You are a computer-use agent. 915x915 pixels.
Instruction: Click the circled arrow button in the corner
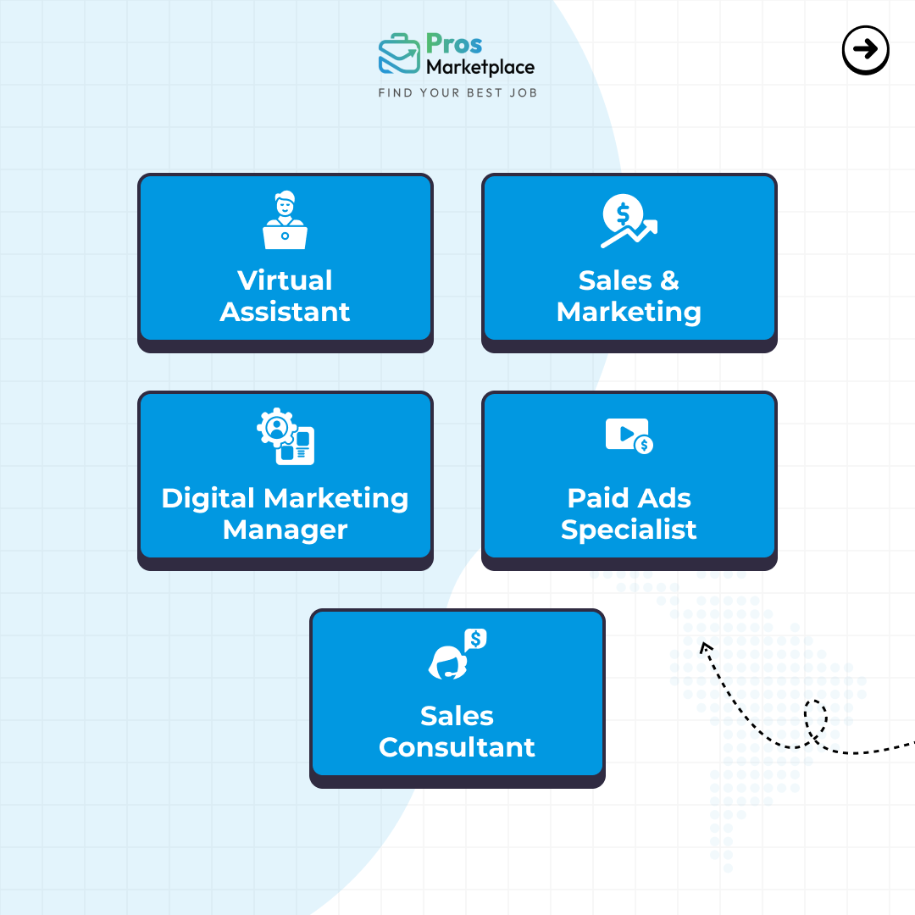(865, 50)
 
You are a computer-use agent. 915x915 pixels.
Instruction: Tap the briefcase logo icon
(399, 53)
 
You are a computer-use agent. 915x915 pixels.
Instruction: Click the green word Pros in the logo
(454, 44)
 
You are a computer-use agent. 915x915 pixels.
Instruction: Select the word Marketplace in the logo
(480, 68)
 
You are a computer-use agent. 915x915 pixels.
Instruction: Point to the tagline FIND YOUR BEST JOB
(457, 93)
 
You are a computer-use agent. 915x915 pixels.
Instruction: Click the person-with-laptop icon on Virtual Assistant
(285, 220)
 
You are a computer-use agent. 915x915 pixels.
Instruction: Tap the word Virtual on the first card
(285, 280)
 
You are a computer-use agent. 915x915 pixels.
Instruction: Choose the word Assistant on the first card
(285, 312)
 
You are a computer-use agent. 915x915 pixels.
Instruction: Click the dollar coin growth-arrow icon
(629, 220)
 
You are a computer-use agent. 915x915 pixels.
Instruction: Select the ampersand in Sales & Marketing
(670, 280)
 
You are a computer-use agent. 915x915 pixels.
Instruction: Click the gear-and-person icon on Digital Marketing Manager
(286, 436)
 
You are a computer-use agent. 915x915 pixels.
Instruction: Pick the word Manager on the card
(286, 530)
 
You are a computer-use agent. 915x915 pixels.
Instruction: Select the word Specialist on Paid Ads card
(629, 530)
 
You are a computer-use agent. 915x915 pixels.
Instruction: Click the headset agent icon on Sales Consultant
(457, 654)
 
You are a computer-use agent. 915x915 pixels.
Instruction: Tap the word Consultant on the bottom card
(457, 747)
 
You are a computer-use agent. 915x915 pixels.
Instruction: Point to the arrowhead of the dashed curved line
(705, 646)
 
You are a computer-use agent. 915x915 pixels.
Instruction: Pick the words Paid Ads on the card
(629, 498)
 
